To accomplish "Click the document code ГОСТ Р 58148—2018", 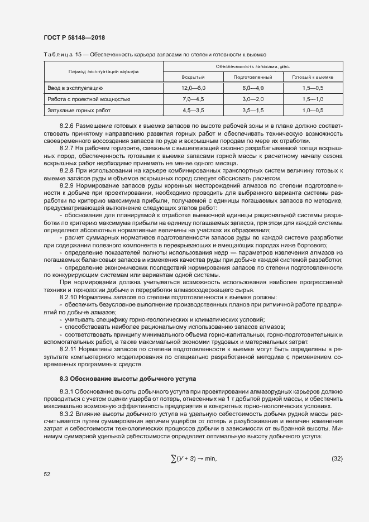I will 74,37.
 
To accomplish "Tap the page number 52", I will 46,474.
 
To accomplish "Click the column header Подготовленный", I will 253,77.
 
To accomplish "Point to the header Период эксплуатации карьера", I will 104,71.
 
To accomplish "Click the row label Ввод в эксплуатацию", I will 74,88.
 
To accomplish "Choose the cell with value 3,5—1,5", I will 253,111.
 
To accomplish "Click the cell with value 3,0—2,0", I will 253,99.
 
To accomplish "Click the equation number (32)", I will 337,459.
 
